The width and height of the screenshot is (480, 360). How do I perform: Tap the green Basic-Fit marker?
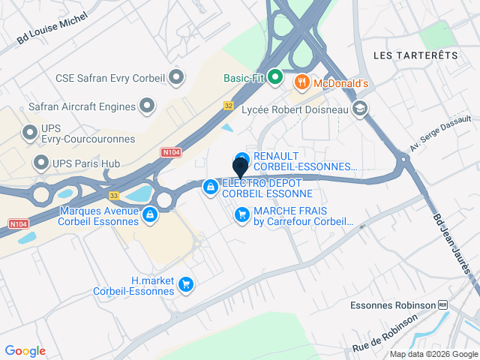[x=275, y=76]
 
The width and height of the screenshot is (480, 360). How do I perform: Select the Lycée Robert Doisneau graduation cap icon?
[x=361, y=109]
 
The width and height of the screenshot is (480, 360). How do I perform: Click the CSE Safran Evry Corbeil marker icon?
[x=177, y=76]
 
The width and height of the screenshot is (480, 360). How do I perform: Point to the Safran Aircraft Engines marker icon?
[x=148, y=106]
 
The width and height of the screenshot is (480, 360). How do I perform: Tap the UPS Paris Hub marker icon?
[x=40, y=163]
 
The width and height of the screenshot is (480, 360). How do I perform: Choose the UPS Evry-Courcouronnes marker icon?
[x=30, y=133]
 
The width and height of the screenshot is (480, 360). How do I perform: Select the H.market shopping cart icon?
[x=186, y=285]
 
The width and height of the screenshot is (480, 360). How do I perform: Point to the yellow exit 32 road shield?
[x=229, y=106]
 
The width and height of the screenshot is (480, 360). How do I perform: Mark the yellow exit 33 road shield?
[x=114, y=196]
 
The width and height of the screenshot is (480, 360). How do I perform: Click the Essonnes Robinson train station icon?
[x=443, y=305]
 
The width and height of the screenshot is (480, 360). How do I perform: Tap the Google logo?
[x=25, y=350]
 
